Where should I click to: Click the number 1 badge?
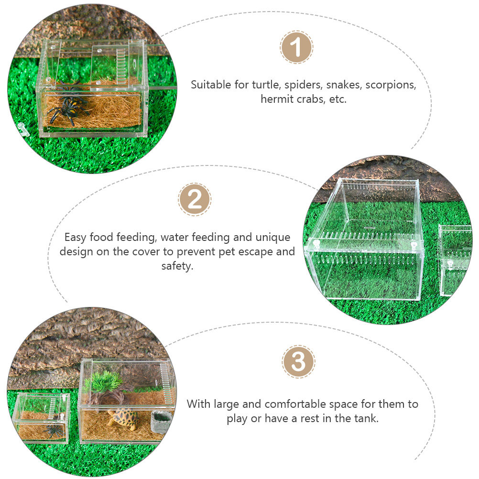[296, 47]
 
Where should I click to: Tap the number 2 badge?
[195, 199]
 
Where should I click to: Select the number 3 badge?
[298, 362]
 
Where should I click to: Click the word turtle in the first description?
[265, 85]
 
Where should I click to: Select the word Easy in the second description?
[76, 238]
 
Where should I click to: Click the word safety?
[177, 266]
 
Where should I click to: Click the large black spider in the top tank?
[68, 110]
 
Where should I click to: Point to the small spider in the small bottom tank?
[53, 431]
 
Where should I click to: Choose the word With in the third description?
[198, 404]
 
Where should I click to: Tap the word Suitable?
[211, 85]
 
